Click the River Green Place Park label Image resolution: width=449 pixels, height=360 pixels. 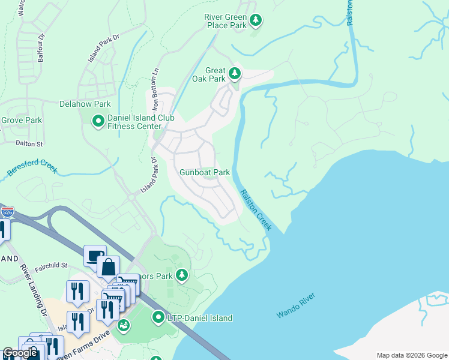(x=226, y=21)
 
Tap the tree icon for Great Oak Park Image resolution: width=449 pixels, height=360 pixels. (x=234, y=74)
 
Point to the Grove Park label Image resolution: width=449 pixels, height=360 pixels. (x=21, y=120)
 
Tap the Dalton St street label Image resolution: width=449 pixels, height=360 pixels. (x=30, y=144)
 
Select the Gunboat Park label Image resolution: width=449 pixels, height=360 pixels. (x=205, y=172)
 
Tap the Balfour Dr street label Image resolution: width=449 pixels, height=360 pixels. (x=41, y=47)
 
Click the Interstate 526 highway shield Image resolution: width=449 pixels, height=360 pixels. (x=7, y=212)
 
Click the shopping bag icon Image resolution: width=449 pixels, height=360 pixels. (x=108, y=266)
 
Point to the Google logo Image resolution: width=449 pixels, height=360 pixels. (x=20, y=353)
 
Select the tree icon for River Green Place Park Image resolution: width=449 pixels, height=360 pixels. (x=256, y=21)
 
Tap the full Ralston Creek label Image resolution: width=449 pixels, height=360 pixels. (x=256, y=210)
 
